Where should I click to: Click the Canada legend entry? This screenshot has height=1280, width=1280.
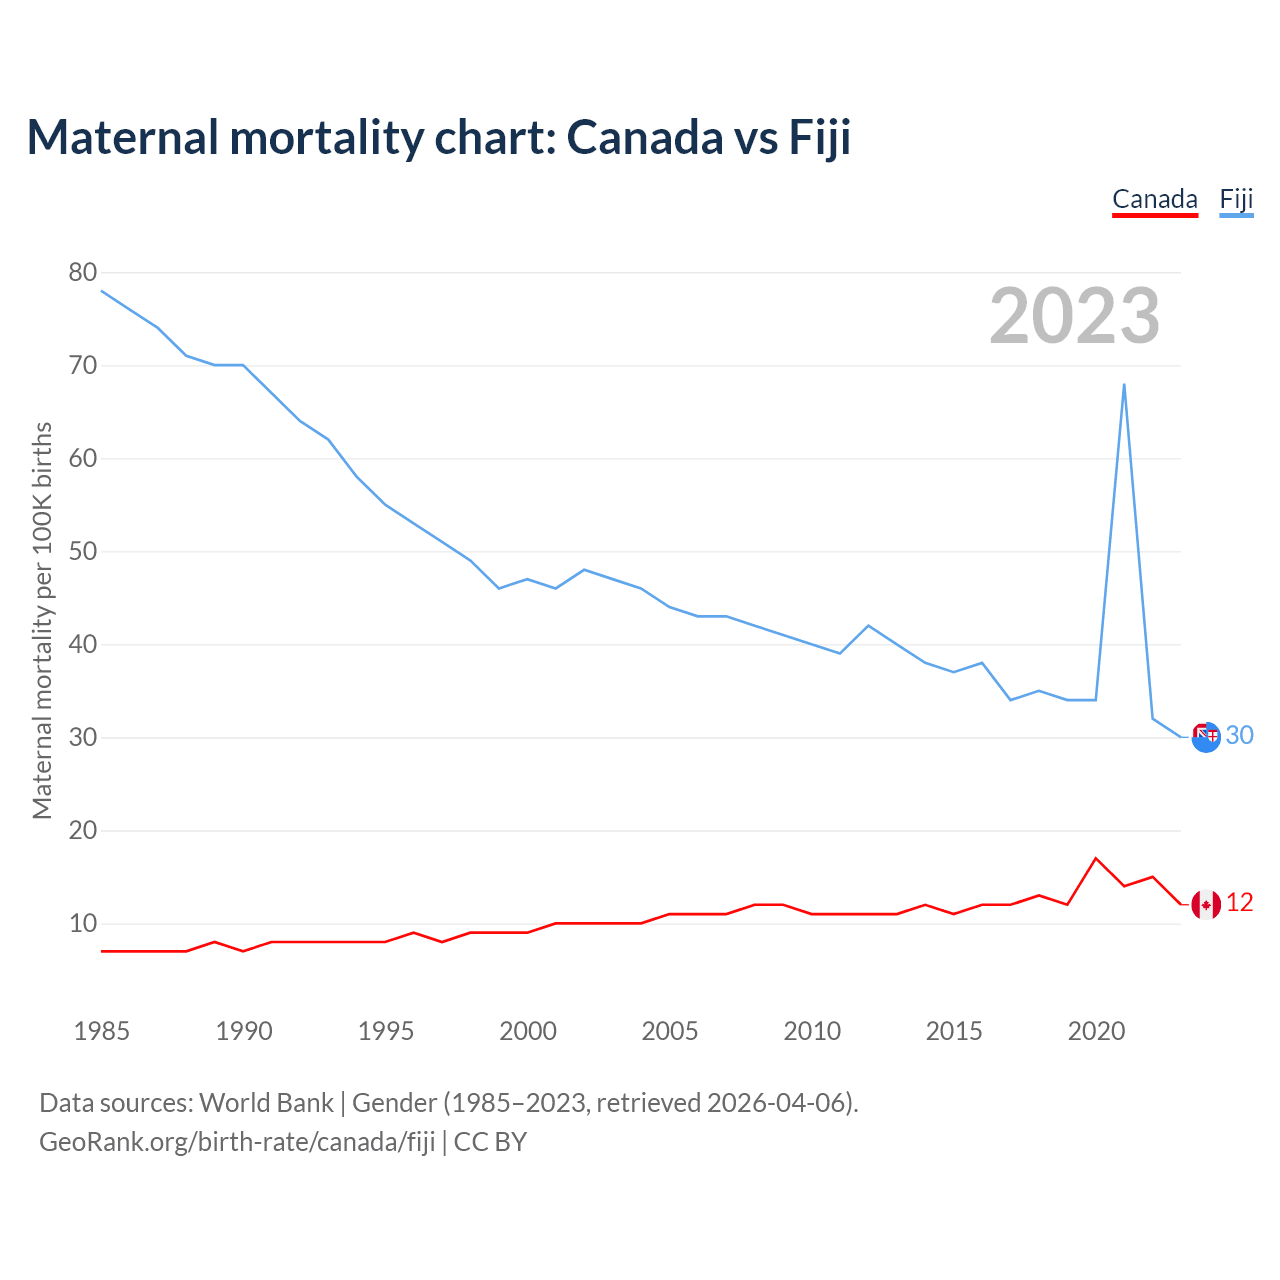[x=1155, y=199]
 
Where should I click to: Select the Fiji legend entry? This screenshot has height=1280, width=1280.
[x=1236, y=199]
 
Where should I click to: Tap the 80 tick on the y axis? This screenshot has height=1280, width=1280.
[x=83, y=272]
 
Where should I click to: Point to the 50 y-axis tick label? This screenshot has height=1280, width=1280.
[x=83, y=551]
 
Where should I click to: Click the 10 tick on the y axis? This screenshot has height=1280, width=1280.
[x=83, y=923]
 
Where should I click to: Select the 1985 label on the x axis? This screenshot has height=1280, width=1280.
[x=101, y=1031]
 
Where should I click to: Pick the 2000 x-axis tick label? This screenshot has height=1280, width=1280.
[x=528, y=1031]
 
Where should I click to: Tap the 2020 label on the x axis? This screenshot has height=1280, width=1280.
[x=1096, y=1031]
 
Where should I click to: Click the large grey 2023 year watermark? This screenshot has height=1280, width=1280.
[x=1074, y=316]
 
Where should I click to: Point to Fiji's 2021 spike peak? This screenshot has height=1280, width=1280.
[x=1124, y=384]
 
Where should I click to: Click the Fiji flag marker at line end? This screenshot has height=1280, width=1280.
[x=1206, y=737]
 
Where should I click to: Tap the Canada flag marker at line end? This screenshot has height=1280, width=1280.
[x=1206, y=904]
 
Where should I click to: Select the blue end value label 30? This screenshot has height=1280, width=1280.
[x=1239, y=735]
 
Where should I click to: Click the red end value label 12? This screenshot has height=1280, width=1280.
[x=1239, y=902]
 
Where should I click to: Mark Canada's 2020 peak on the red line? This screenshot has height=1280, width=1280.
[x=1096, y=858]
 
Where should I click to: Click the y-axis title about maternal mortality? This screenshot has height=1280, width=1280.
[x=42, y=620]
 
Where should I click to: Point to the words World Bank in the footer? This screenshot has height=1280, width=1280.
[x=266, y=1103]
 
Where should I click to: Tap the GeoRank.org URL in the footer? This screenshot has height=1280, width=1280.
[x=237, y=1142]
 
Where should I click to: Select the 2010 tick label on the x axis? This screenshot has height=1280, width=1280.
[x=812, y=1031]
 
